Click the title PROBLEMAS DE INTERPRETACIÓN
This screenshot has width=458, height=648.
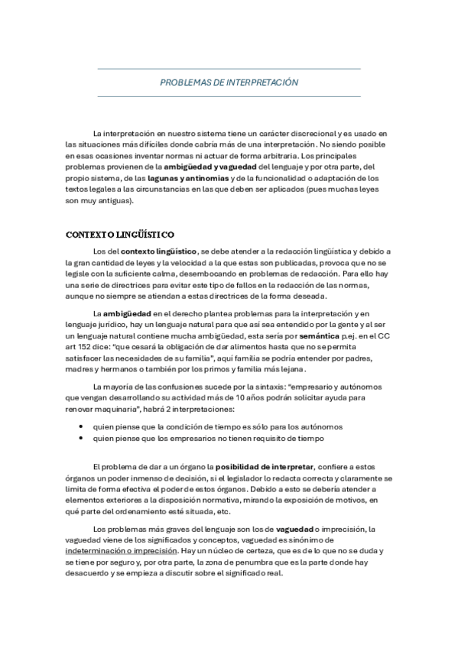[229, 83]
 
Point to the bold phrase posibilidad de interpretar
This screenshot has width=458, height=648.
[265, 467]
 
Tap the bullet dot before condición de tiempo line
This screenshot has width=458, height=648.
[80, 426]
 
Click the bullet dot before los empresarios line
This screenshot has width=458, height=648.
[80, 438]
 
